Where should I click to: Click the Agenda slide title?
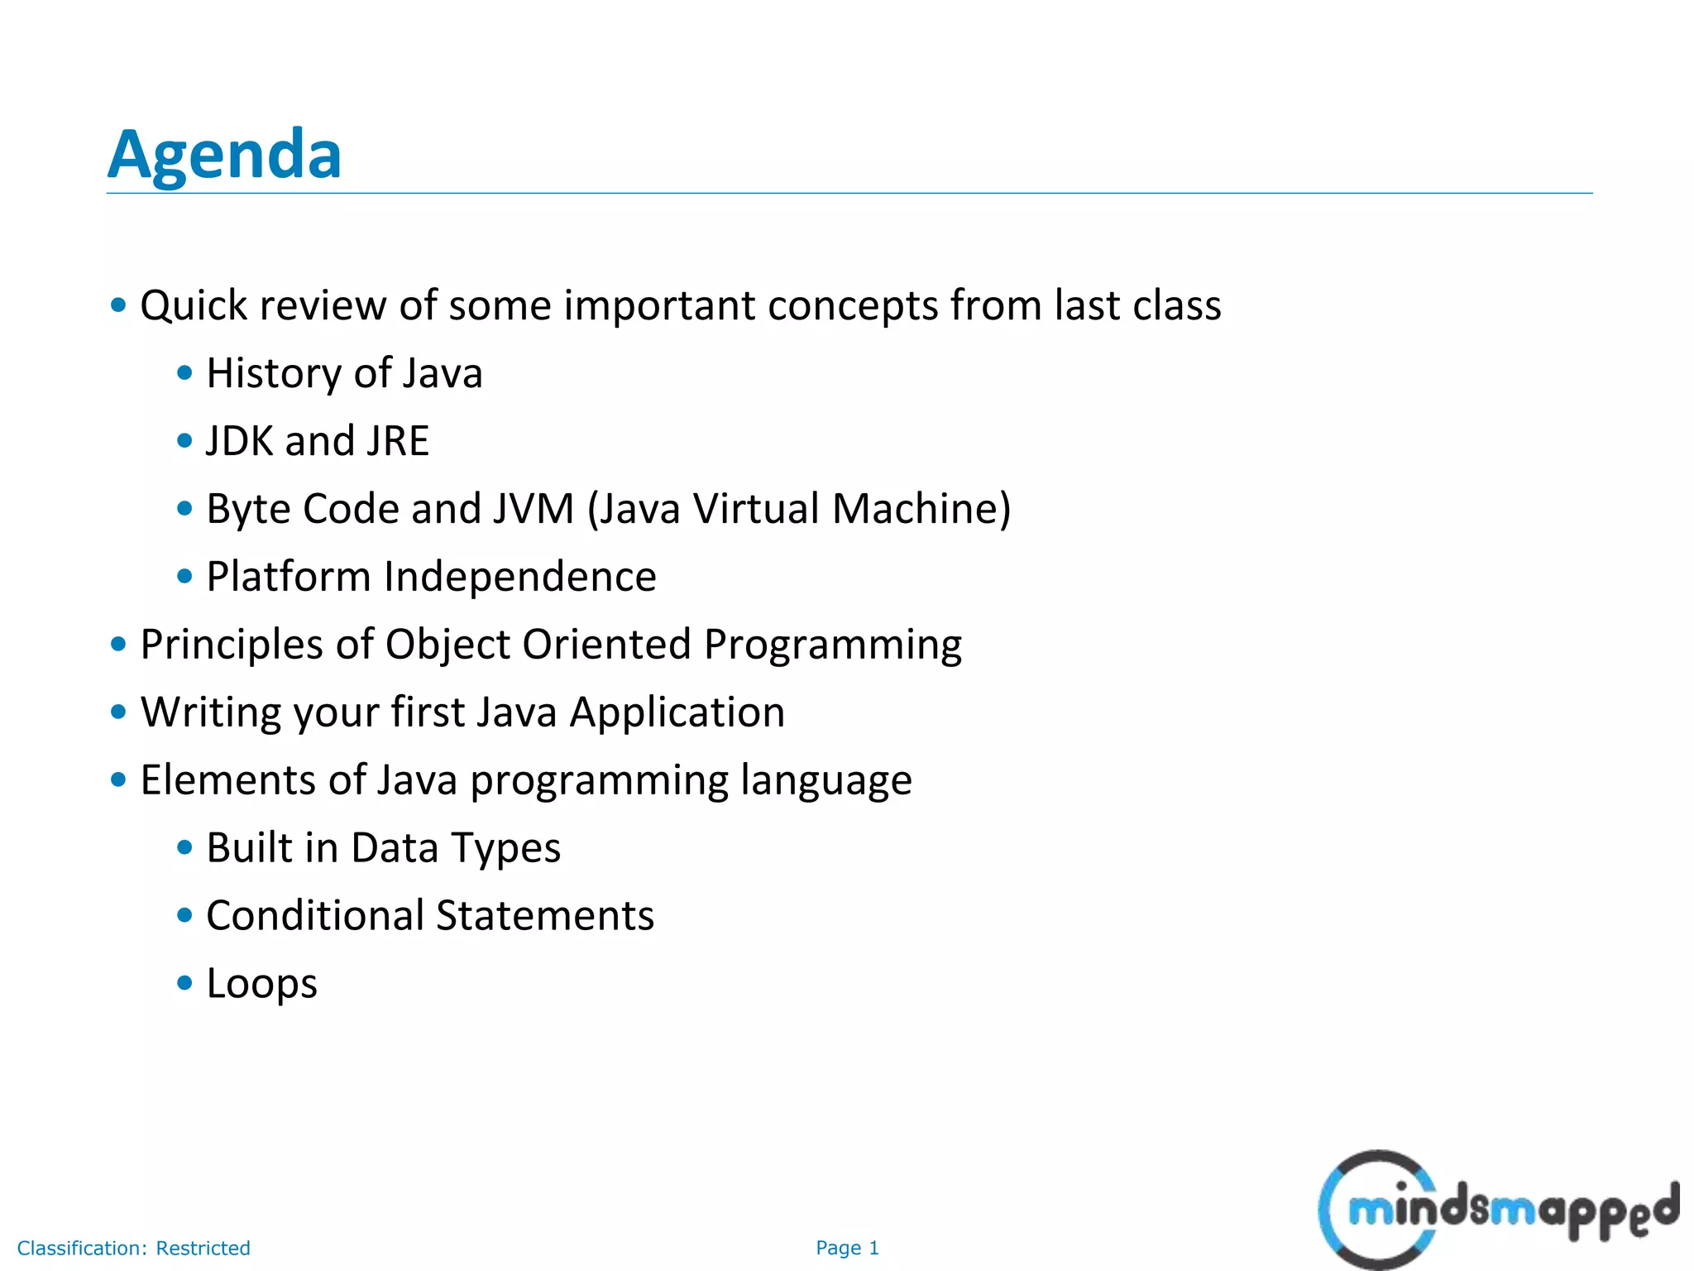pos(224,155)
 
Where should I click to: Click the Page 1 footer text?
pos(847,1248)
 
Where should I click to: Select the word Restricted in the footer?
pos(203,1248)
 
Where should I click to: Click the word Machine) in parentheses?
pos(921,509)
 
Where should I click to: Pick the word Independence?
pos(519,577)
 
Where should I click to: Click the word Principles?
pos(232,645)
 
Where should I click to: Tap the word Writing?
pos(211,712)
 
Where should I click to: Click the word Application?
pos(677,712)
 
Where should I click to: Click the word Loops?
pos(261,984)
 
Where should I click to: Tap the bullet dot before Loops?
pos(184,983)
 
